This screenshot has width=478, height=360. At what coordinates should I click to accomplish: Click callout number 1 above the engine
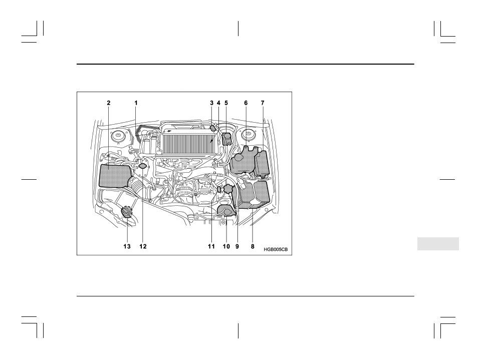[x=136, y=102]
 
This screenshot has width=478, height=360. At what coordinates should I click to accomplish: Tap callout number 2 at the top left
[x=108, y=102]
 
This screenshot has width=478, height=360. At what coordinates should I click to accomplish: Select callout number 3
[x=211, y=102]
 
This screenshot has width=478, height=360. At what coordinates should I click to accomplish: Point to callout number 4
[x=218, y=102]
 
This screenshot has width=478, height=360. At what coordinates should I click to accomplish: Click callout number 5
[x=226, y=102]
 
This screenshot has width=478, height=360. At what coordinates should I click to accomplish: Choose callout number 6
[x=246, y=102]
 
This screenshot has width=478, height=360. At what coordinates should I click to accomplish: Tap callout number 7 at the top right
[x=262, y=102]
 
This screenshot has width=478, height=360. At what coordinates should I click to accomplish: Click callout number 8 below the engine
[x=253, y=246]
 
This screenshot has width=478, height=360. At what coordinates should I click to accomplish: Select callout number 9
[x=237, y=246]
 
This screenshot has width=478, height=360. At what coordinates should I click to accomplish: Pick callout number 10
[x=225, y=246]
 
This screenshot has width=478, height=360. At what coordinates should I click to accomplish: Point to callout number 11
[x=211, y=246]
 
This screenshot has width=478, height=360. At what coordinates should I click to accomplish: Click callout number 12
[x=143, y=246]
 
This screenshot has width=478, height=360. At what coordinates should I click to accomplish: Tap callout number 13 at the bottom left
[x=127, y=246]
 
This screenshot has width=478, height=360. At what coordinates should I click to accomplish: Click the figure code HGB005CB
[x=276, y=249]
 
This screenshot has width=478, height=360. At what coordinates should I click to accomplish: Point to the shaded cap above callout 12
[x=143, y=166]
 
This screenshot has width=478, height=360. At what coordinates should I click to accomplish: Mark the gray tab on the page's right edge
[x=437, y=244]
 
